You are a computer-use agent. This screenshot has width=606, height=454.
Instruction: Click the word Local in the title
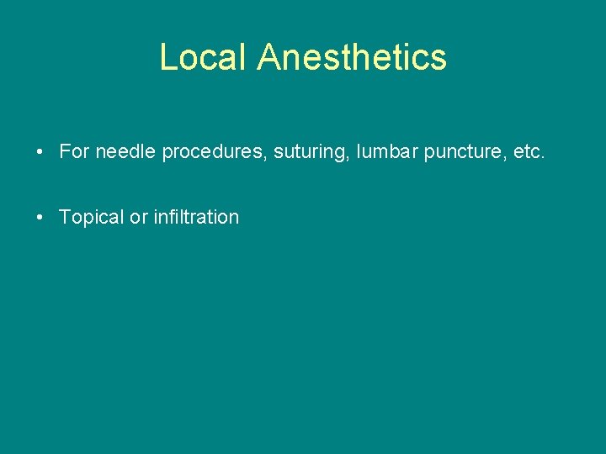[205, 57]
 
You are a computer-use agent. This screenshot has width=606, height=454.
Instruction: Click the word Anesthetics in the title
[352, 57]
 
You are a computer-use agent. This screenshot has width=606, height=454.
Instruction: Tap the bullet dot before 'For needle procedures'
[40, 152]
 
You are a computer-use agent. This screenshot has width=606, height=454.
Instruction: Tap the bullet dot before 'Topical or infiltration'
[40, 217]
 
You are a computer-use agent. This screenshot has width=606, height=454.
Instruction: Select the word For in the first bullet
[74, 151]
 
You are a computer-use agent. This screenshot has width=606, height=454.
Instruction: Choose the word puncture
[469, 152]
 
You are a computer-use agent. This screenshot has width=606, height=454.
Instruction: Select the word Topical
[92, 217]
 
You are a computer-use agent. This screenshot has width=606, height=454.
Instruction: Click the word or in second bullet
[139, 217]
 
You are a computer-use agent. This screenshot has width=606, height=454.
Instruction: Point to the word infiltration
[196, 216]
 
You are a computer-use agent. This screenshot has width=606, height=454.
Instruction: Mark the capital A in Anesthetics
[268, 57]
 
